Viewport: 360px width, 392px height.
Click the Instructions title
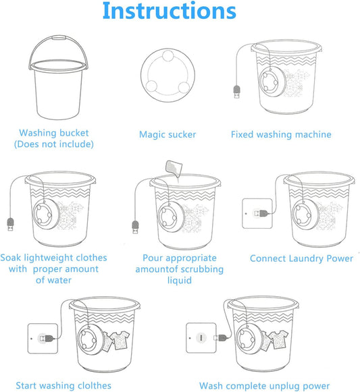(170, 13)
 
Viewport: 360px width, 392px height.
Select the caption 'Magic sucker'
(168, 134)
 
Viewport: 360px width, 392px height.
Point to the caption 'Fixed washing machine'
(281, 134)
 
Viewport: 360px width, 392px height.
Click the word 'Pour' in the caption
(154, 258)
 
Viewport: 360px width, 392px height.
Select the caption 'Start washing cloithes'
(63, 386)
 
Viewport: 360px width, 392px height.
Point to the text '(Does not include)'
(54, 144)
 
